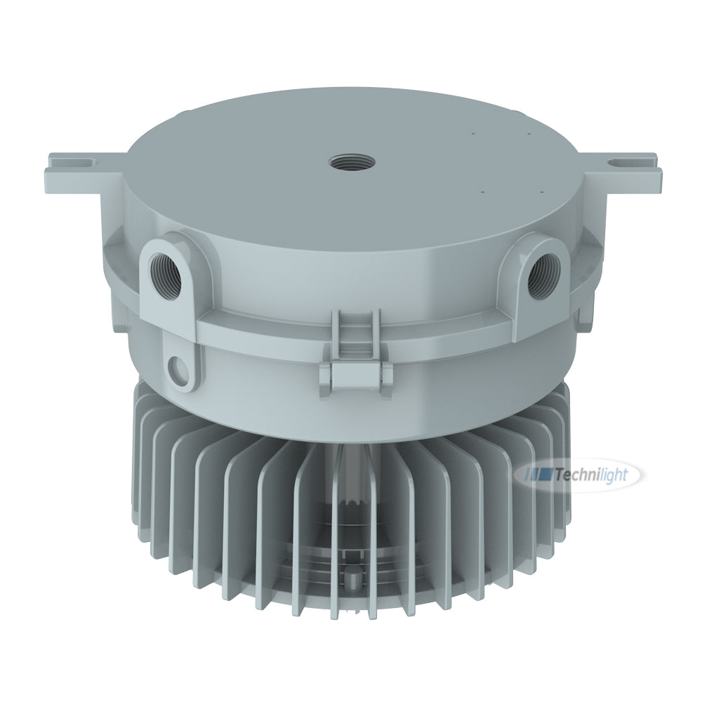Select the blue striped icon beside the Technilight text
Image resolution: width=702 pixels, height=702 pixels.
point(538,476)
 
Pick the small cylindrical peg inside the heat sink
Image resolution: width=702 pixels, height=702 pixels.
point(351,577)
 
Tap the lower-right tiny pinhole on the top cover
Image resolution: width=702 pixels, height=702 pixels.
point(543,190)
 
